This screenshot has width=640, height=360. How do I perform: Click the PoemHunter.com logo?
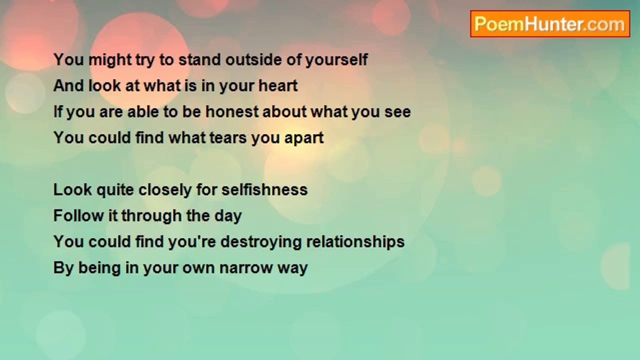(550, 24)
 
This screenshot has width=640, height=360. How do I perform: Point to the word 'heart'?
(278, 85)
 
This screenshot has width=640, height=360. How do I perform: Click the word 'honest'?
(232, 111)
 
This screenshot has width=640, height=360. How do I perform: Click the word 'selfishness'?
(264, 189)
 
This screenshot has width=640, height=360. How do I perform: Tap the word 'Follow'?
(78, 215)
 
